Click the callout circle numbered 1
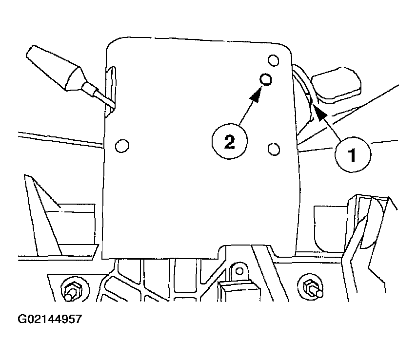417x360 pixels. pyautogui.click(x=353, y=154)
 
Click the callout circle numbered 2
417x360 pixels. pyautogui.click(x=230, y=141)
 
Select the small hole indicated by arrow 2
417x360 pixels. pyautogui.click(x=266, y=79)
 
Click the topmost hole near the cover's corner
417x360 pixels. pyautogui.click(x=273, y=60)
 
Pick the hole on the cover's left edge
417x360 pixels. pyautogui.click(x=122, y=146)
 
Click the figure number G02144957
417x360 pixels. pyautogui.click(x=49, y=319)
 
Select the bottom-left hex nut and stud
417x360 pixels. pyautogui.click(x=72, y=290)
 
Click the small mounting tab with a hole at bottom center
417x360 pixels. pyautogui.click(x=239, y=271)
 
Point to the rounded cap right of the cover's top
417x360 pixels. pyautogui.click(x=337, y=85)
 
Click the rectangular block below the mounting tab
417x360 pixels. pyautogui.click(x=239, y=291)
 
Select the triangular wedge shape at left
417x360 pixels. pyautogui.click(x=42, y=215)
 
